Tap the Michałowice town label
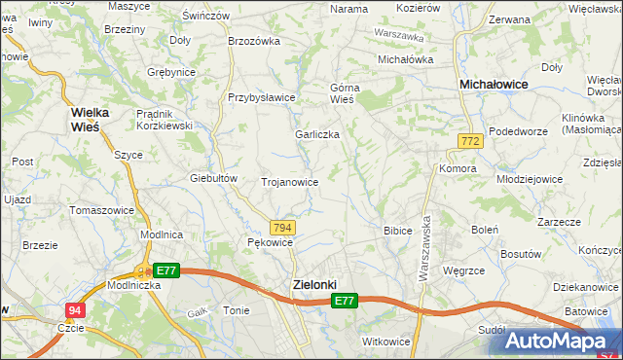[494, 86]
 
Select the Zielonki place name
[314, 284]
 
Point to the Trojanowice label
[290, 182]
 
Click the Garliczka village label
[317, 134]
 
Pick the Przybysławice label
[261, 97]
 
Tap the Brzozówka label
[253, 41]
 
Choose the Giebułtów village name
[214, 178]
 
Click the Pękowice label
[270, 241]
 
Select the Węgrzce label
[463, 270]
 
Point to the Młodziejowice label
[531, 165]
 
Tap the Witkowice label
[385, 342]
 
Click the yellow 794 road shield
[281, 227]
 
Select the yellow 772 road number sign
[470, 142]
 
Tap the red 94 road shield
[75, 310]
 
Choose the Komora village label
[457, 168]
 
